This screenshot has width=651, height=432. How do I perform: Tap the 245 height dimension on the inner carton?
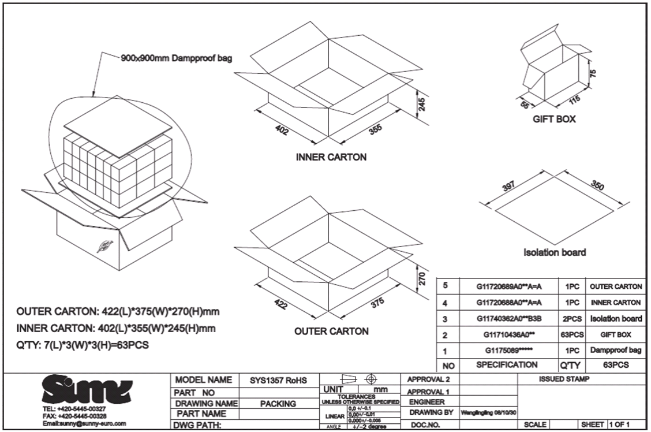point(422,105)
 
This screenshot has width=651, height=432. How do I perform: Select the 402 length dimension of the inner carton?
point(283,128)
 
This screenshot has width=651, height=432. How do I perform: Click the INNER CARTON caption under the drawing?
point(331,157)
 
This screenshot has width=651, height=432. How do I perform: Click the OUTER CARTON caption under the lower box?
point(331,332)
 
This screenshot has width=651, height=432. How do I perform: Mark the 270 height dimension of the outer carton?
point(422,278)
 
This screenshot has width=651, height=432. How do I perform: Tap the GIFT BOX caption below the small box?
point(554,120)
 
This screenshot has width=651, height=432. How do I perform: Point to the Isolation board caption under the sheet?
point(555,252)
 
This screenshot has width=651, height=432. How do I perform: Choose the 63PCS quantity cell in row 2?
point(571,334)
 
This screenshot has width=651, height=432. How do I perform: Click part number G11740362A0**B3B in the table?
point(508,318)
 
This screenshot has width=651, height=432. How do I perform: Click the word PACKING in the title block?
point(278,404)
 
